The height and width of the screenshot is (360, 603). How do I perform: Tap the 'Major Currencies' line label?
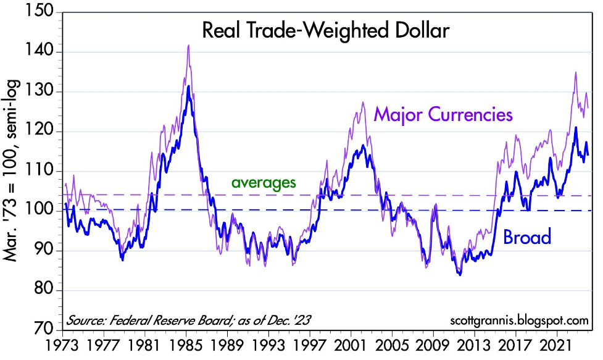click(x=443, y=114)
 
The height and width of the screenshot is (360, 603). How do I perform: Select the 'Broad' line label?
click(x=527, y=237)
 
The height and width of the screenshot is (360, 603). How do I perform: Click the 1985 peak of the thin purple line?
click(x=188, y=45)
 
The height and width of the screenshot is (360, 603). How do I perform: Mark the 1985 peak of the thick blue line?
click(x=188, y=86)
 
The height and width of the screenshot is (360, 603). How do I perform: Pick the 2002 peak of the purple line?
click(x=363, y=103)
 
